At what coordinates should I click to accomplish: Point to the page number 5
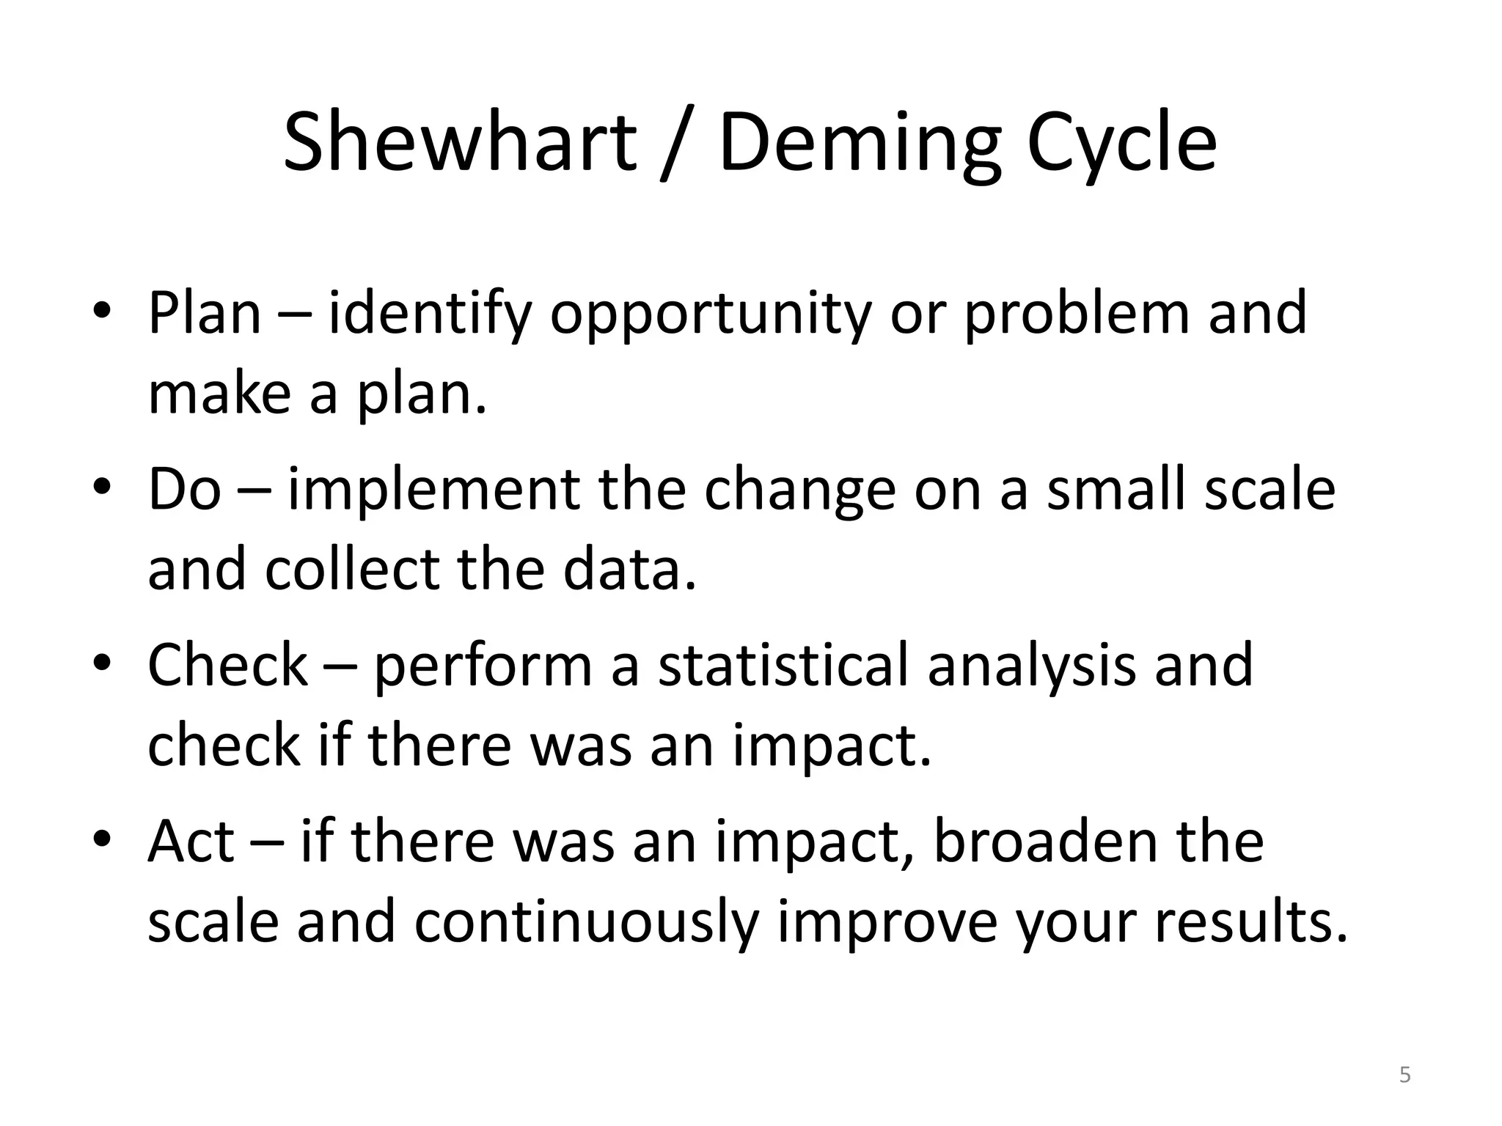point(1404,1075)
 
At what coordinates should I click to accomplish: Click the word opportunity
point(710,314)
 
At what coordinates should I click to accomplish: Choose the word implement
point(433,490)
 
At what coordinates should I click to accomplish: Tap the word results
point(1251,921)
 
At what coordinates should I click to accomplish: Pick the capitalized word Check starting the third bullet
point(227,664)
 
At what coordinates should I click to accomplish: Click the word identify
point(430,314)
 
